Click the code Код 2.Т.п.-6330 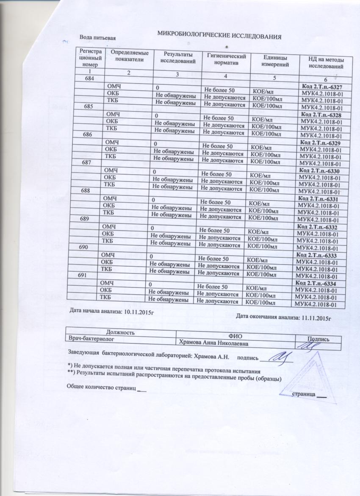coord(319,170)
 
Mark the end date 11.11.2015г coord(315,317)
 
